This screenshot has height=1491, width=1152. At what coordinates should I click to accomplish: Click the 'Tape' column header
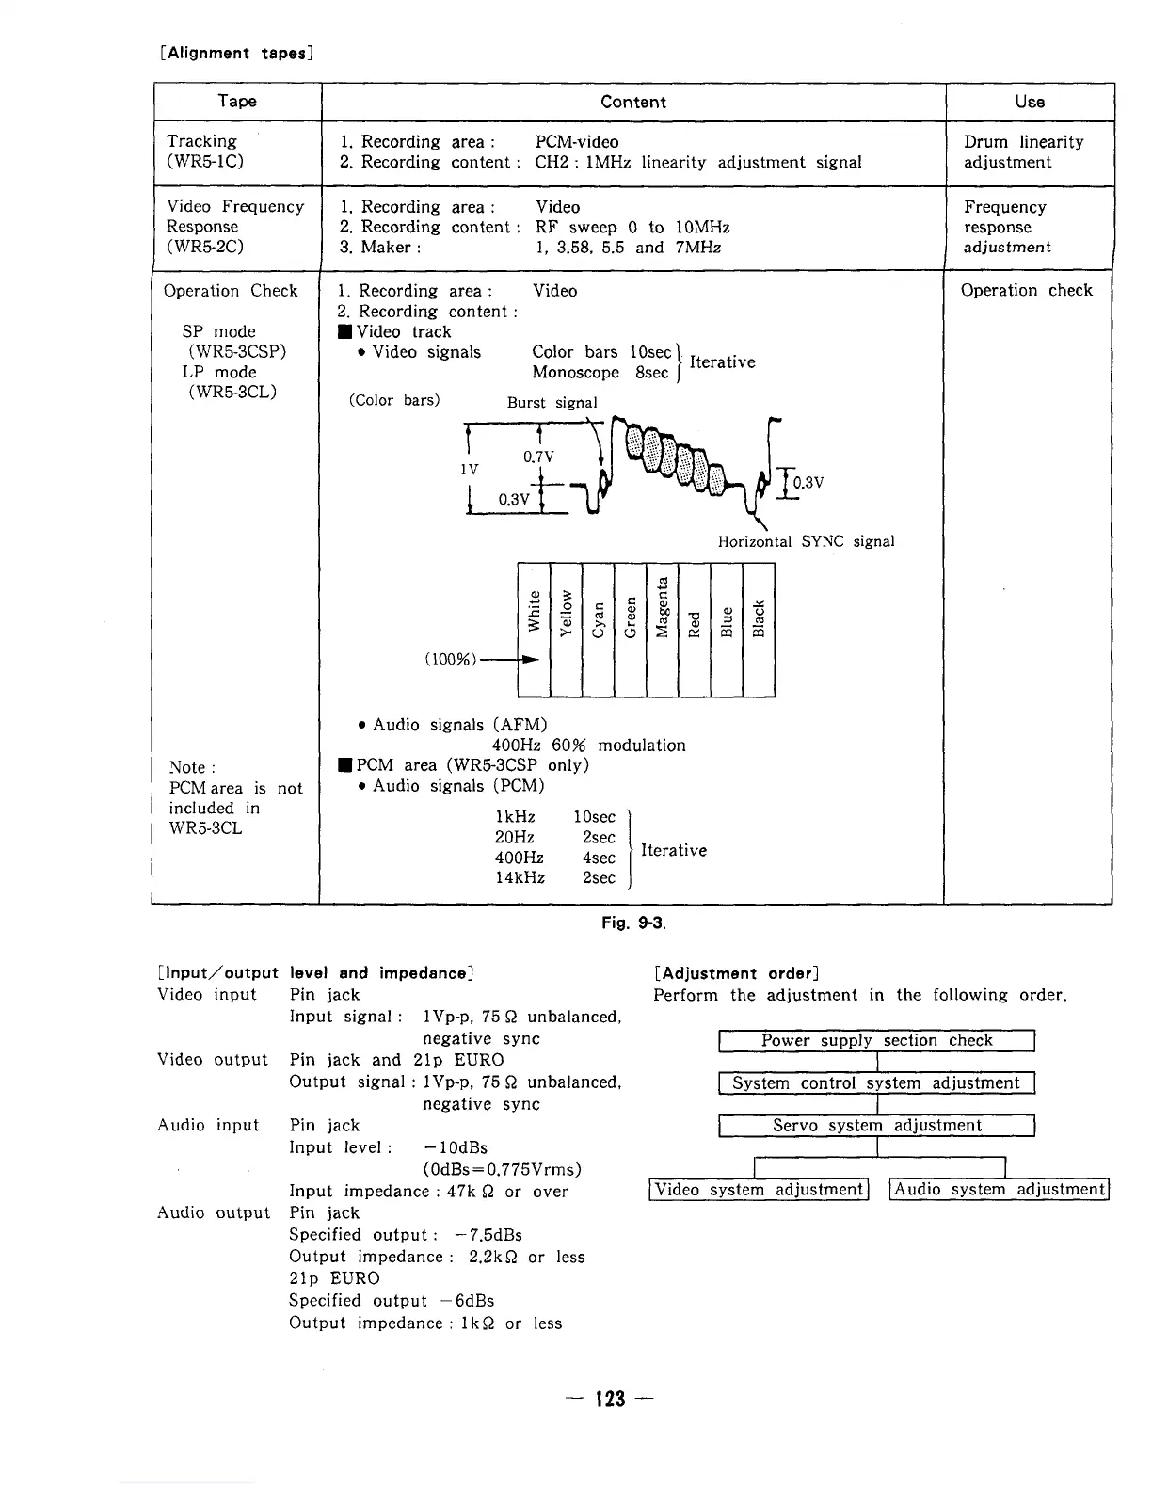click(237, 102)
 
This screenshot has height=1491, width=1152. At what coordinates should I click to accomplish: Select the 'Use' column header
click(1030, 102)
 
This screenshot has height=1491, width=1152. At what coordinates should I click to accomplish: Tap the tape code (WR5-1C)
click(205, 162)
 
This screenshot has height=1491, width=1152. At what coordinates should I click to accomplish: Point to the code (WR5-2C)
click(205, 248)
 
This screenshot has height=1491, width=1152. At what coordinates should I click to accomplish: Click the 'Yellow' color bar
click(567, 629)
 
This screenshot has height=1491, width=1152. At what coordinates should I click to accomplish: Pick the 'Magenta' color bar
click(663, 629)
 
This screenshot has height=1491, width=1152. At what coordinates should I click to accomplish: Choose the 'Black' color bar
click(759, 629)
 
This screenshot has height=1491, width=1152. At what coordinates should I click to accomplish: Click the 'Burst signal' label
click(552, 403)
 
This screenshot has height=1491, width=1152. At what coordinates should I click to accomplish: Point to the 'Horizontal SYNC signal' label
click(806, 541)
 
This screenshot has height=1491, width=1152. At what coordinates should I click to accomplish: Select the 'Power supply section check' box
click(876, 1040)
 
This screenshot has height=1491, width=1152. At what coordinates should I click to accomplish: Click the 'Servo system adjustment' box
click(876, 1126)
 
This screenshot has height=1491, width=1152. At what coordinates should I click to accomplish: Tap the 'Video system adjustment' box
click(759, 1190)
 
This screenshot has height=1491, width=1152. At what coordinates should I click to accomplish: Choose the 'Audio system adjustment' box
click(1000, 1190)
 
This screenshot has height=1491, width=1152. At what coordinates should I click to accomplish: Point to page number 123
click(610, 1400)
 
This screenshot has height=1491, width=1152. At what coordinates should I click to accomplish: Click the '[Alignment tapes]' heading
click(236, 53)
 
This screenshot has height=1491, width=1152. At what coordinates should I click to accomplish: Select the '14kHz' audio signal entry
click(520, 878)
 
